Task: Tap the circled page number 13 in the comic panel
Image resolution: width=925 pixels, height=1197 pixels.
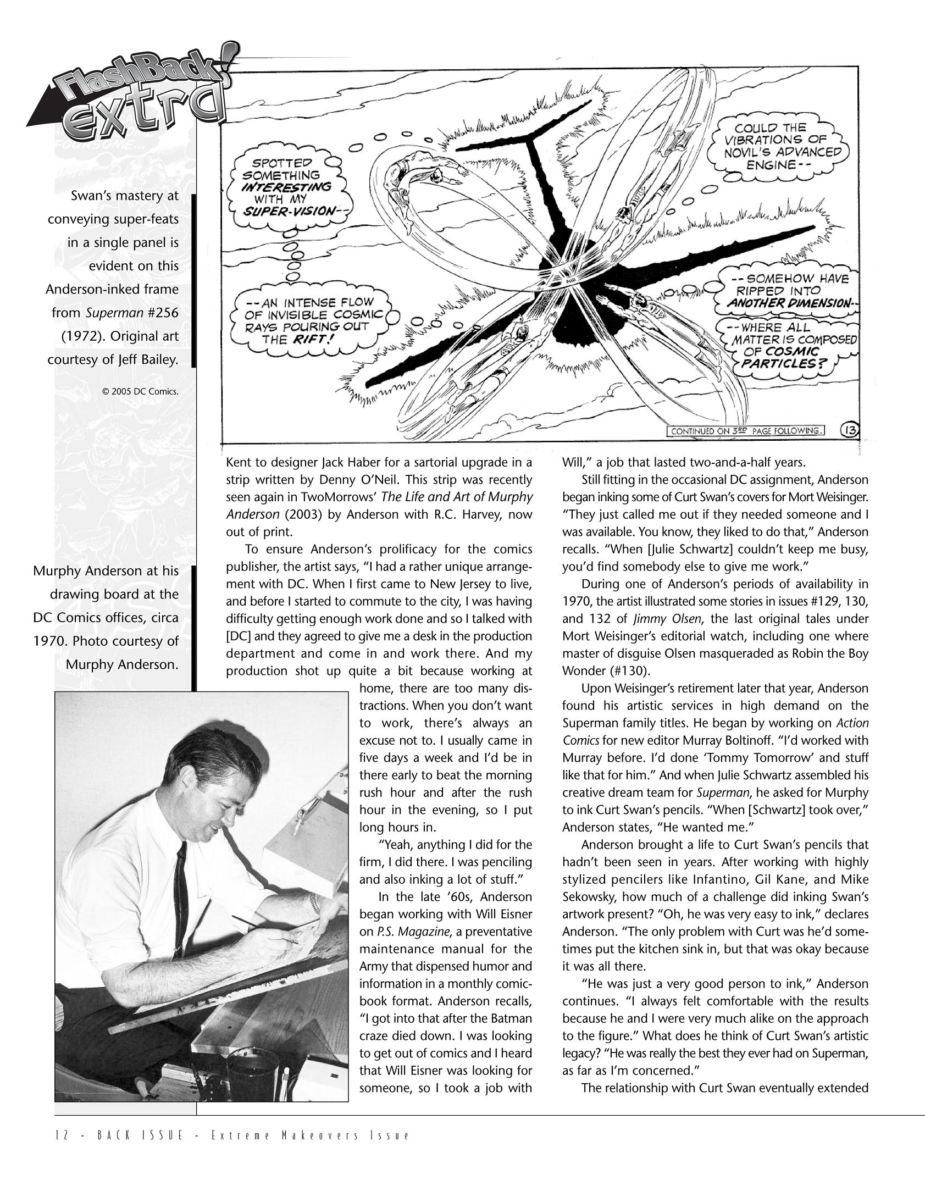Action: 847,430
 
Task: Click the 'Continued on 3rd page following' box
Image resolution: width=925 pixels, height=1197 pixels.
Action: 746,431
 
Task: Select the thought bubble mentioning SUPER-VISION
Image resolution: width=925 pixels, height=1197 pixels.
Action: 290,187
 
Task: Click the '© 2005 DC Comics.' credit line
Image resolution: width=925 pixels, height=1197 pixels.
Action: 140,392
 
